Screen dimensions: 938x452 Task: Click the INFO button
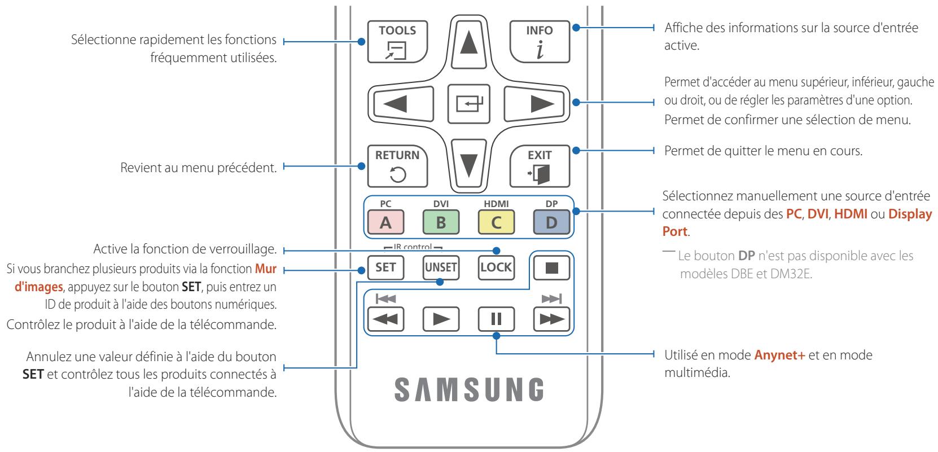(x=540, y=42)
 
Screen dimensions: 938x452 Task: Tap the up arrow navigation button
(x=468, y=42)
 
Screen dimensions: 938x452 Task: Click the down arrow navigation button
(x=468, y=164)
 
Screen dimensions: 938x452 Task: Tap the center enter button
(x=468, y=104)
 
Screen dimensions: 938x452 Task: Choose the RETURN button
(x=397, y=166)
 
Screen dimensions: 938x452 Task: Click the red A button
(x=385, y=222)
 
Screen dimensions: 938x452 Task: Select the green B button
(x=441, y=222)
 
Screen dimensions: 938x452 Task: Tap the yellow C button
(x=496, y=222)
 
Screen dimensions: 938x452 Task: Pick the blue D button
(x=551, y=222)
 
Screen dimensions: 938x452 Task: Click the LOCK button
(x=496, y=267)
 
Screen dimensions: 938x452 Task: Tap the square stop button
(x=551, y=267)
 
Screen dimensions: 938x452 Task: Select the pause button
(x=496, y=319)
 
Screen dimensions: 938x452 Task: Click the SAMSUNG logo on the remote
(x=469, y=389)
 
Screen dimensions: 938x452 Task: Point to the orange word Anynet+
(x=780, y=355)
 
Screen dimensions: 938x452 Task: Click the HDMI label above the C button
(x=496, y=204)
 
